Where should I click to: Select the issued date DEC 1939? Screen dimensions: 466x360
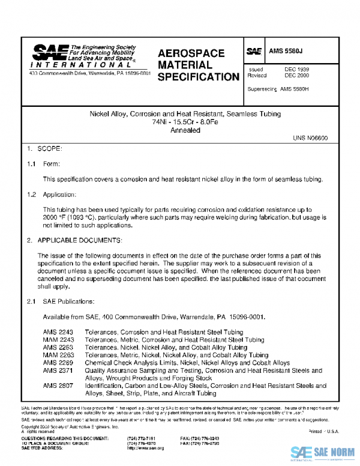[296, 70]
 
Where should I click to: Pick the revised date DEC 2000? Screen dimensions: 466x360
[296, 76]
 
